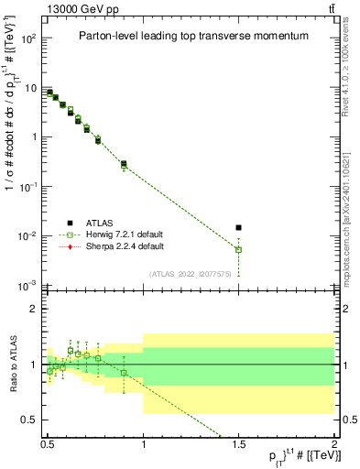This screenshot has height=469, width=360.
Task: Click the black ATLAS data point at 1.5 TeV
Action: pyautogui.click(x=239, y=227)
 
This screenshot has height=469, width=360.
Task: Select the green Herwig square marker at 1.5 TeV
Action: pyautogui.click(x=239, y=249)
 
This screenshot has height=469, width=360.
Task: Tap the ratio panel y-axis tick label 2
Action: pyautogui.click(x=36, y=309)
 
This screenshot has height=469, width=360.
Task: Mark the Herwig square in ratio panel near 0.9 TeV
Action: pyautogui.click(x=124, y=373)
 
